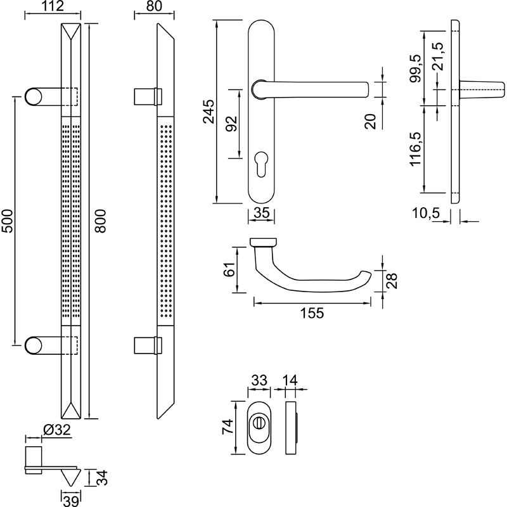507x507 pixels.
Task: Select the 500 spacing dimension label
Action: [x=7, y=221]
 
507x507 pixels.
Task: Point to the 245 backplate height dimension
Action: [x=209, y=112]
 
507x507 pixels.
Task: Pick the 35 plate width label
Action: [x=261, y=214]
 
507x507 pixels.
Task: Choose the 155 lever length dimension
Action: [x=311, y=313]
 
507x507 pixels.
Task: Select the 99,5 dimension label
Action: [x=416, y=69]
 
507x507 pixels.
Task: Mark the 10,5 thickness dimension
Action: [x=427, y=214]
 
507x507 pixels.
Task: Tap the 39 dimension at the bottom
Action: [x=70, y=500]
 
